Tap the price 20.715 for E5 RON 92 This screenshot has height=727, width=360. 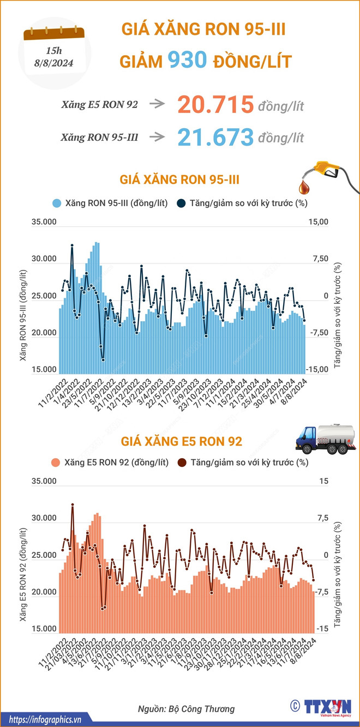coord(215,104)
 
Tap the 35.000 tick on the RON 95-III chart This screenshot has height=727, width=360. coord(45,222)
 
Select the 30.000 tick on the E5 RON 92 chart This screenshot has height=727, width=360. coord(45,518)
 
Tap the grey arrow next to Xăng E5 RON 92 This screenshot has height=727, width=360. coord(157,104)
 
